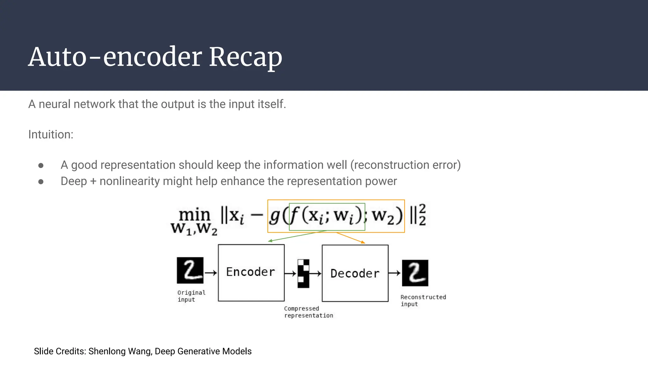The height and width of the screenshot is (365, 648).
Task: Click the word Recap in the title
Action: tap(245, 57)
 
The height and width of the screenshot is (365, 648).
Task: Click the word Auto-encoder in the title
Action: tap(115, 57)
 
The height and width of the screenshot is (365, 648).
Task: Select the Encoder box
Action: tap(251, 272)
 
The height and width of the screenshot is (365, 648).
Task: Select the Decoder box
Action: tap(355, 273)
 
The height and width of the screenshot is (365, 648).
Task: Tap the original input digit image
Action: tap(190, 270)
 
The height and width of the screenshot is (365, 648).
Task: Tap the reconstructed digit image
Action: tap(415, 273)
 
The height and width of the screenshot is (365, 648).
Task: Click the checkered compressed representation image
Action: tap(303, 273)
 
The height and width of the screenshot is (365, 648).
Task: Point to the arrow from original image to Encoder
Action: tap(211, 272)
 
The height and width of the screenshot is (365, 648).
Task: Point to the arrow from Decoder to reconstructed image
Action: tap(395, 273)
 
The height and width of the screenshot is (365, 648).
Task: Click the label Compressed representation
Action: tap(308, 312)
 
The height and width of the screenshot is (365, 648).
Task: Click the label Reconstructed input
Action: tap(423, 300)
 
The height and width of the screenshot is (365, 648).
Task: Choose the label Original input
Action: tap(191, 296)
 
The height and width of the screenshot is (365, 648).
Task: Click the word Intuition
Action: tap(51, 135)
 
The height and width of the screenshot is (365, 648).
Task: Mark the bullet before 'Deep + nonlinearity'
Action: tap(41, 182)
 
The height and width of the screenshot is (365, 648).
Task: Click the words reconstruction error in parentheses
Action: tap(405, 165)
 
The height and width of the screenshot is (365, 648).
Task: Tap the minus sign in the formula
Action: tap(257, 215)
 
